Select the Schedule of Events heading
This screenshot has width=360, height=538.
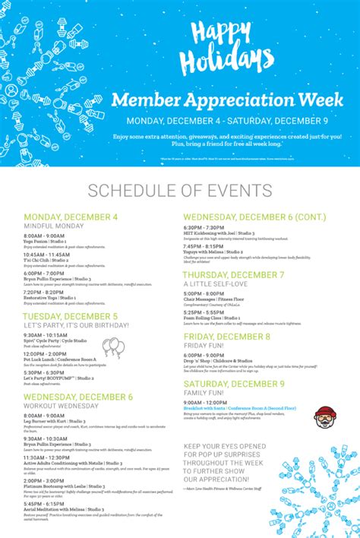[179, 190]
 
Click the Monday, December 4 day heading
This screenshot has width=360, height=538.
[71, 217]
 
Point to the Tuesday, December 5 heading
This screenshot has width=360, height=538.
[71, 316]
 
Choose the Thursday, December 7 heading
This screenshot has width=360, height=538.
[233, 274]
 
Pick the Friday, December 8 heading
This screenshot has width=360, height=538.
[226, 336]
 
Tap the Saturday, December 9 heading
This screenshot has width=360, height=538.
[233, 384]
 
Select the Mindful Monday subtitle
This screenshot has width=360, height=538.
[53, 226]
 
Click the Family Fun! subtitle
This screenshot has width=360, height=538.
[204, 393]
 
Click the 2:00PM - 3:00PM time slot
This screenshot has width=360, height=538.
[44, 480]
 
